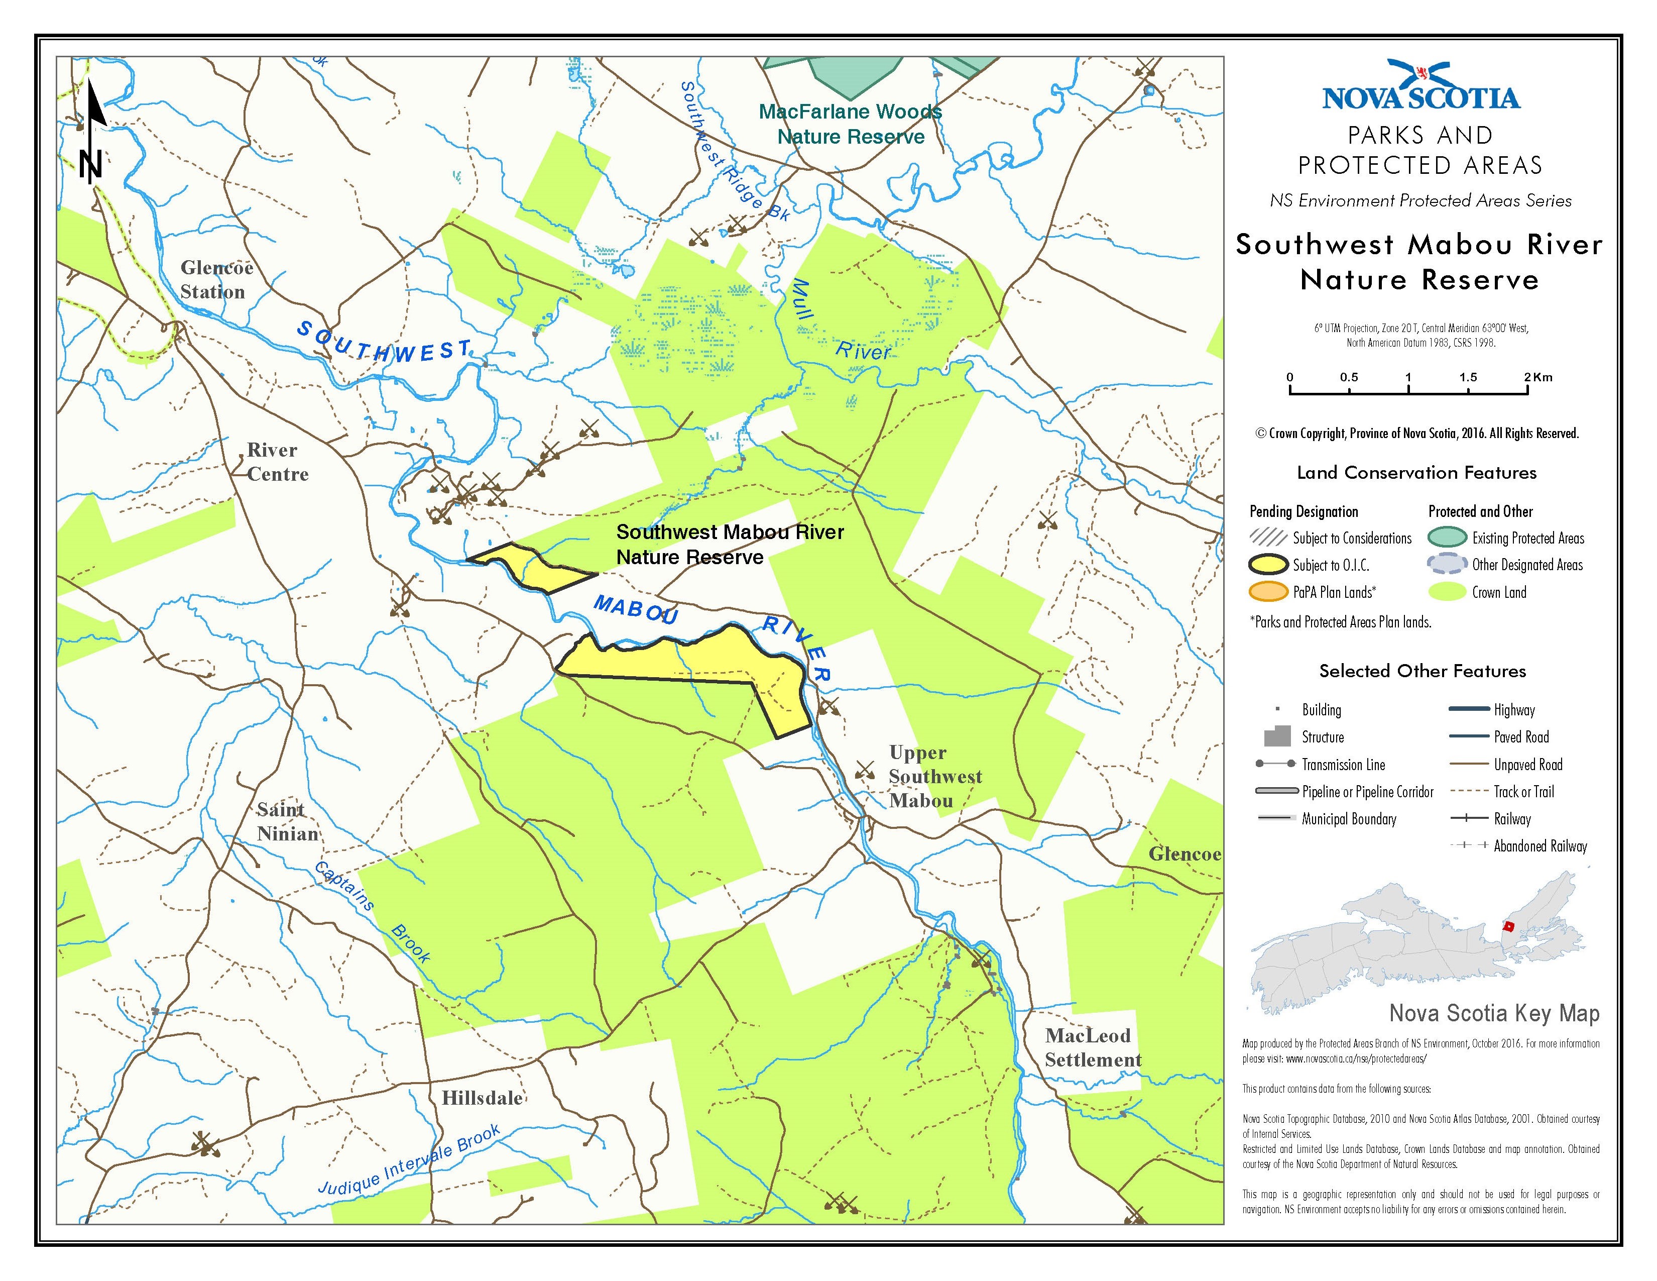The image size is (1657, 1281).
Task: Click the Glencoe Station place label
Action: tap(215, 280)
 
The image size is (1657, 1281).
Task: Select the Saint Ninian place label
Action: tap(287, 822)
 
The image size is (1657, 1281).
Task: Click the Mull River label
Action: tap(835, 323)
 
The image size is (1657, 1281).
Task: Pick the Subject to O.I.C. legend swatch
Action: tap(1268, 565)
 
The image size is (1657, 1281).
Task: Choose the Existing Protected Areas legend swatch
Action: tap(1447, 538)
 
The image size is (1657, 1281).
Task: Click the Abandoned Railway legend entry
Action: tap(1540, 846)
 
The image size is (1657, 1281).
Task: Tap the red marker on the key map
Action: tap(1508, 927)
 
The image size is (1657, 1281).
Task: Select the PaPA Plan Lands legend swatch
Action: tap(1268, 592)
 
